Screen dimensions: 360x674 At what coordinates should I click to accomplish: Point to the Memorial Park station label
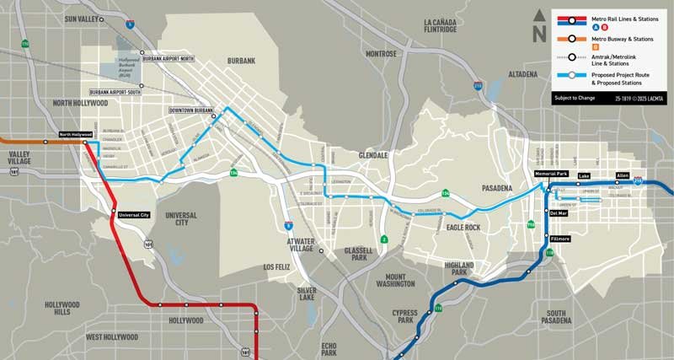coord(552,174)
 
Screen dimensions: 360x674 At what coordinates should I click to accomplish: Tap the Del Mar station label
coord(559,213)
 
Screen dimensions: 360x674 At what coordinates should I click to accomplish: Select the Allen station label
coord(623,175)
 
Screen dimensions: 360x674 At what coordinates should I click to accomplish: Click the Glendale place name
coord(371,156)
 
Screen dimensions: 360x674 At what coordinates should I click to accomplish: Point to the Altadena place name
coord(522,74)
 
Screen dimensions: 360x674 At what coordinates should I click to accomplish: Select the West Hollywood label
coord(111,337)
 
